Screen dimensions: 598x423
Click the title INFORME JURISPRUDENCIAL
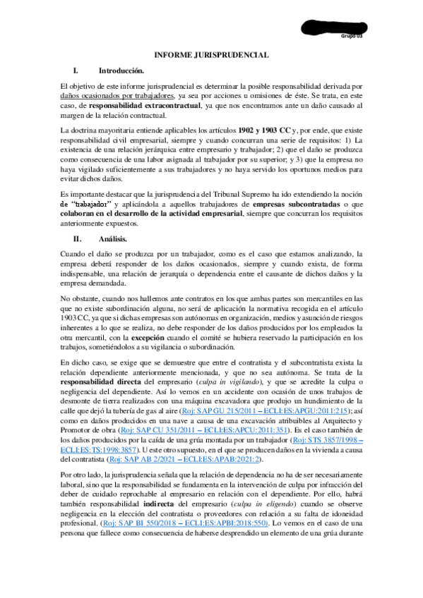point(211,54)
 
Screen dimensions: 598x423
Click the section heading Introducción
point(121,71)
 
